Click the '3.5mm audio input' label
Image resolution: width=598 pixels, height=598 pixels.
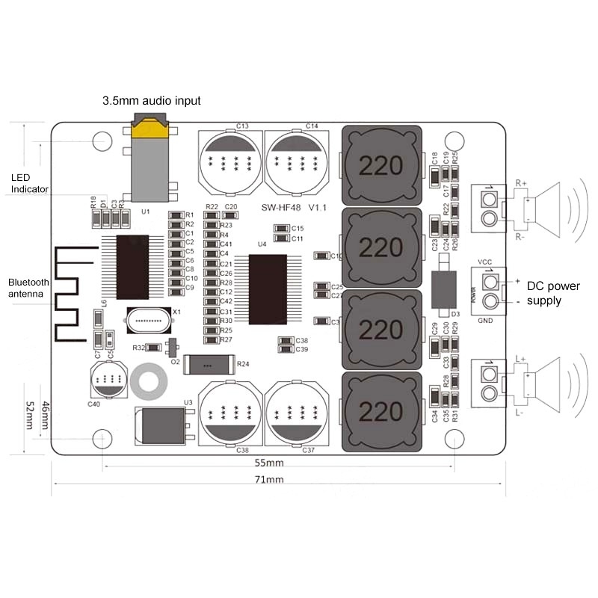151,101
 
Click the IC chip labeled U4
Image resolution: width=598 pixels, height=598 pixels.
268,289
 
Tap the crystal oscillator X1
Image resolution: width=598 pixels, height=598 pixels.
151,321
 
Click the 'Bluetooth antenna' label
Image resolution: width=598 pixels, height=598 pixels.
28,289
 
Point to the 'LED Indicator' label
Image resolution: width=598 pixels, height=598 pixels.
30,184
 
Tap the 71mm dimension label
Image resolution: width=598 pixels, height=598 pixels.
269,479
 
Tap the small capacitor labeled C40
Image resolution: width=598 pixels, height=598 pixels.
109,380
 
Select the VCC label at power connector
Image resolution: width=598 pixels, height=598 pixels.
484,261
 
